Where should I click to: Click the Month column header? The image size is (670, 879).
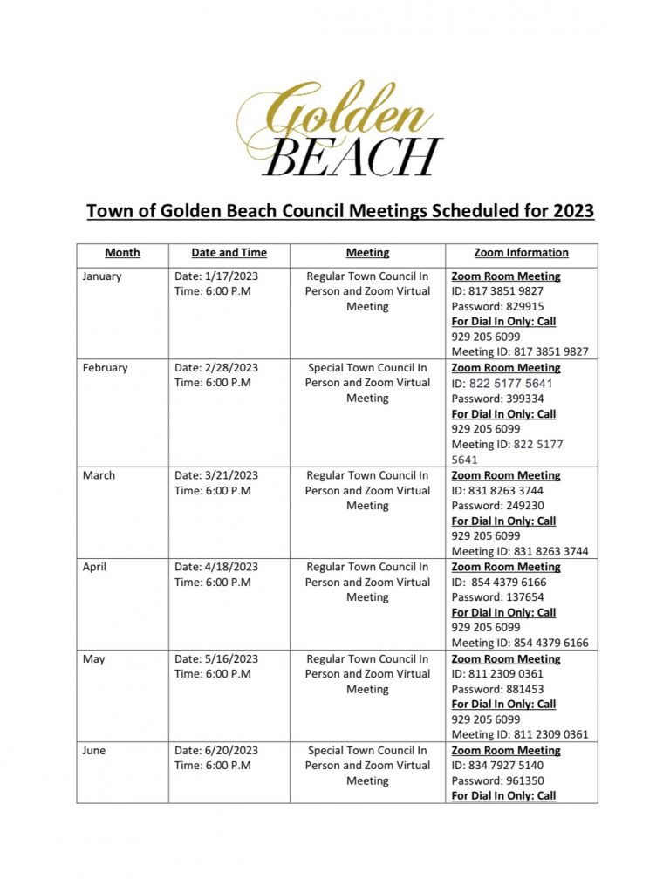tap(122, 253)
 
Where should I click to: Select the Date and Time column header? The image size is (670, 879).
tap(229, 253)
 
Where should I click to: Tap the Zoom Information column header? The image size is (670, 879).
tap(521, 253)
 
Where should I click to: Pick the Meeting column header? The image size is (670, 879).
tap(367, 253)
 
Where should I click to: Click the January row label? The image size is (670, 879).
tap(102, 276)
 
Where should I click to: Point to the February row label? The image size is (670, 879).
tap(105, 368)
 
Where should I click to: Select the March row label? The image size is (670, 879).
tap(99, 476)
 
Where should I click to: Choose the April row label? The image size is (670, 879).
tap(96, 567)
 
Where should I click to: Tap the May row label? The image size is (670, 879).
tap(93, 659)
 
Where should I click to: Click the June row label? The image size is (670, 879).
tap(95, 751)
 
